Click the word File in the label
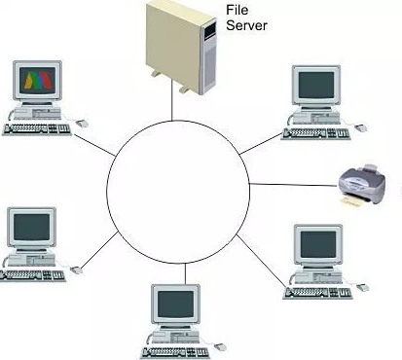pos(237,9)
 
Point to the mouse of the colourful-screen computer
pos(81,123)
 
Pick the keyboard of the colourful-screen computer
pos(35,128)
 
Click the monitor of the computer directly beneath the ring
pos(176,307)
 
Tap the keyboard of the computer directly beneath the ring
pos(173,350)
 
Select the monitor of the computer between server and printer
pos(318,87)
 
